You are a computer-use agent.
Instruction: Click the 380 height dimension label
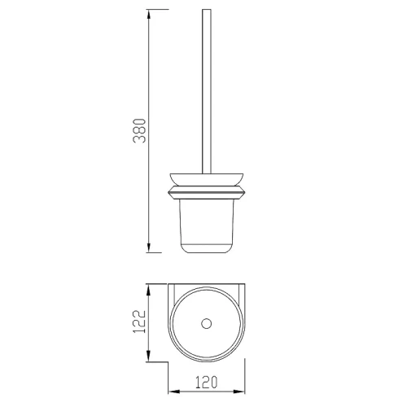click(x=140, y=131)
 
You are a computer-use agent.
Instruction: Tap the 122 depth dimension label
click(x=140, y=322)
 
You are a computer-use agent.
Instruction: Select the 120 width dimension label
click(x=206, y=382)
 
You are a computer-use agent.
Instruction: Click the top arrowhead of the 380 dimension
click(x=148, y=14)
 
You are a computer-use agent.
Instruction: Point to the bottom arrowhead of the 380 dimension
click(x=148, y=247)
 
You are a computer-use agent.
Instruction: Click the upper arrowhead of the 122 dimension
click(x=148, y=289)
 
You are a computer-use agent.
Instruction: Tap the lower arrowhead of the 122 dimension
click(x=148, y=356)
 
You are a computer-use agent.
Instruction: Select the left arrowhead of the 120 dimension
click(x=174, y=392)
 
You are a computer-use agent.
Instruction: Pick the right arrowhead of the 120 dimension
click(x=239, y=392)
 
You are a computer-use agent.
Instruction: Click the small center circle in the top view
click(x=207, y=323)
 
